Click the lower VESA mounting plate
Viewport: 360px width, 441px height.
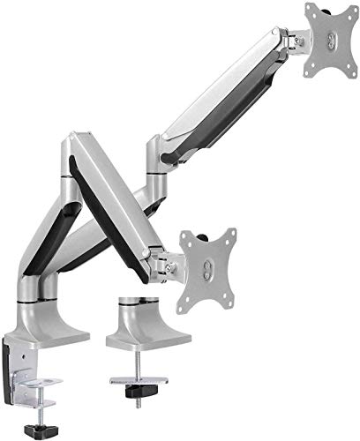pyautogui.click(x=208, y=265)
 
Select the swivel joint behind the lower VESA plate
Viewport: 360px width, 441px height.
pyautogui.click(x=163, y=261)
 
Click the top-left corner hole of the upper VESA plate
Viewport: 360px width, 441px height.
pyautogui.click(x=311, y=11)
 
